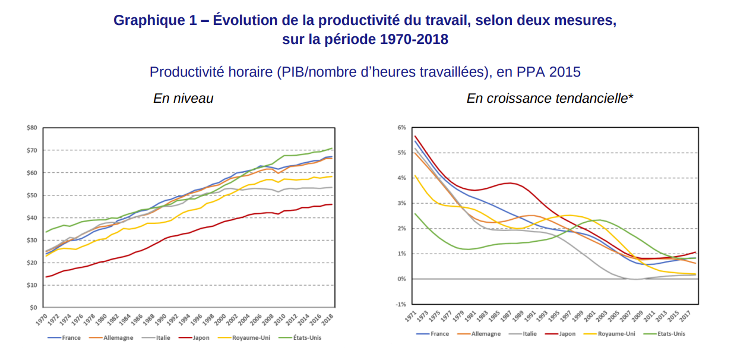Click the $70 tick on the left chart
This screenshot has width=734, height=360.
tap(33, 150)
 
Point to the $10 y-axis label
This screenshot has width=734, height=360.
tap(33, 285)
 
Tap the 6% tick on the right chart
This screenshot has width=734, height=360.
tap(402, 128)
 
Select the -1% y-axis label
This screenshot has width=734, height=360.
tap(401, 304)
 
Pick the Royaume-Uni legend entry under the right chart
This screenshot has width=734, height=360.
tap(615, 334)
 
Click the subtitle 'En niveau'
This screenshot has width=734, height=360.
tap(183, 99)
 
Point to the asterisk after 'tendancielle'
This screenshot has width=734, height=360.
tap(631, 96)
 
